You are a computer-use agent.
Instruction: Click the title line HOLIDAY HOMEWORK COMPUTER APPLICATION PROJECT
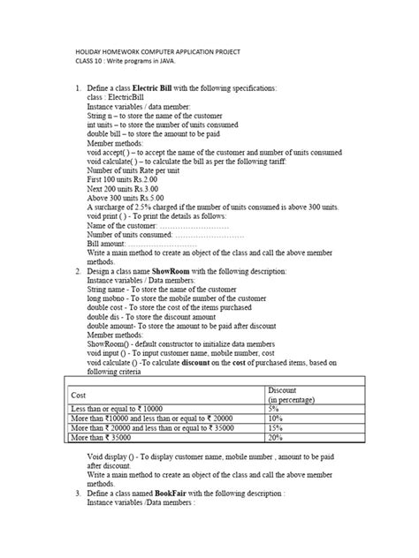coord(156,53)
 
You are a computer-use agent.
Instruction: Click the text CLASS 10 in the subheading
coord(91,64)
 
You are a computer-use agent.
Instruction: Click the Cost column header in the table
coord(77,395)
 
